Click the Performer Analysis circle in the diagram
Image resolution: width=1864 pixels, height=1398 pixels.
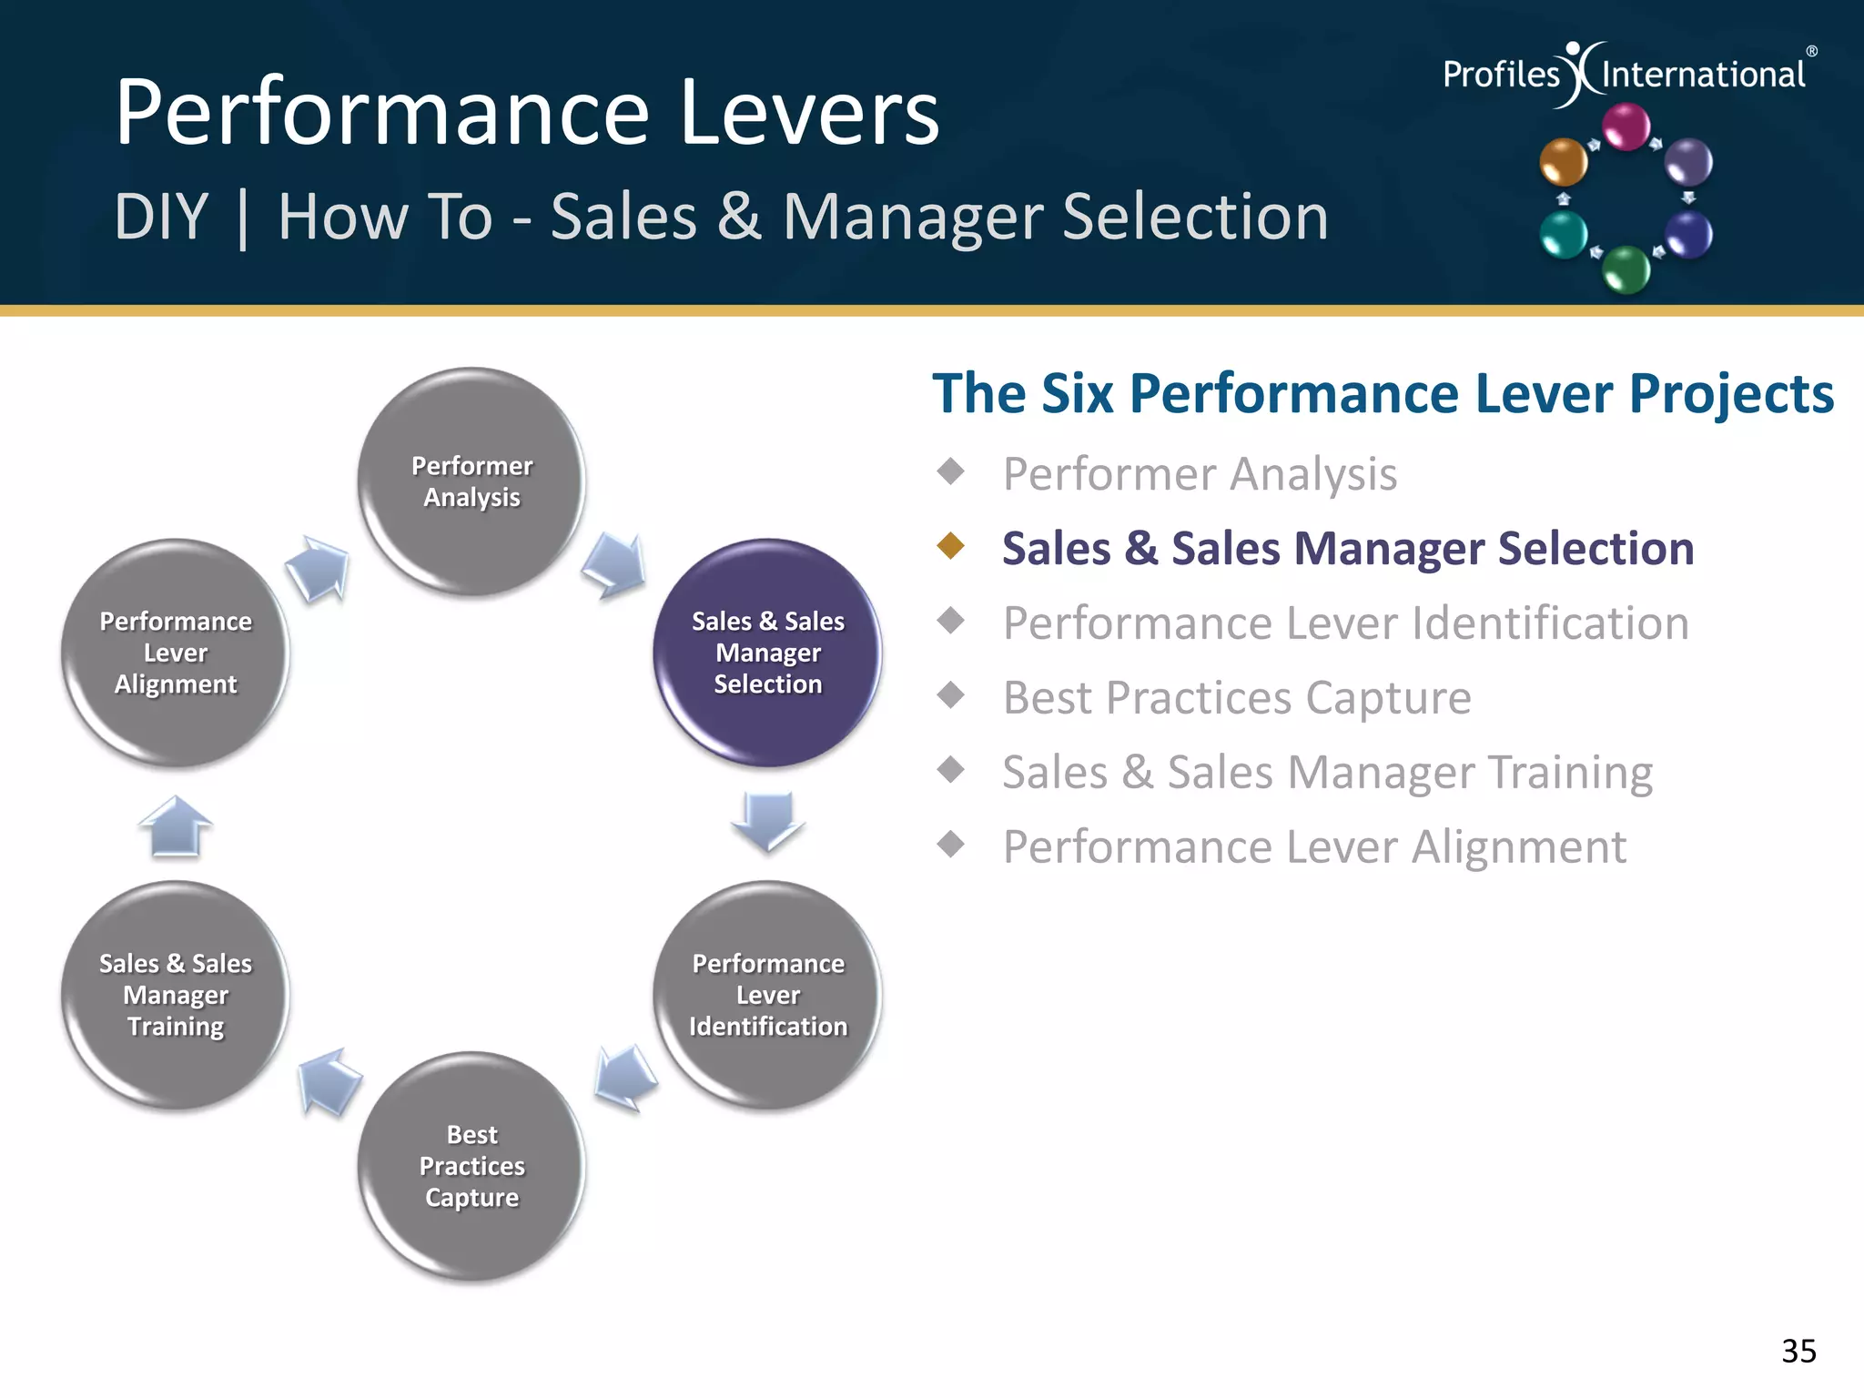[x=471, y=481]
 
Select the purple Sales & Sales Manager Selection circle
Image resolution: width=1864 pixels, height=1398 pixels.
[x=767, y=653]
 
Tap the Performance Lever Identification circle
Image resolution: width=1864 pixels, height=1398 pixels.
[x=767, y=995]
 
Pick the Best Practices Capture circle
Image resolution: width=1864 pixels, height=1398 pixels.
[x=471, y=1166]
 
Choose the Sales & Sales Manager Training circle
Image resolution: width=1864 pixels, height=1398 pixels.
[x=176, y=995]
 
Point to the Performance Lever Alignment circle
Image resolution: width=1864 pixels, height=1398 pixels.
[x=176, y=653]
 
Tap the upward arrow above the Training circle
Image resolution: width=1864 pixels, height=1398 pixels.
[x=176, y=826]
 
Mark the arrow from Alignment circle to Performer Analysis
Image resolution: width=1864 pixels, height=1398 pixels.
[x=318, y=568]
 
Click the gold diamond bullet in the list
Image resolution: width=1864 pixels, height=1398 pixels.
[x=951, y=546]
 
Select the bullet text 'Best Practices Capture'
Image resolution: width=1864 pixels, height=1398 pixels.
[x=1236, y=698]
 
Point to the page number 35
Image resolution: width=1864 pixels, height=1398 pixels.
[x=1798, y=1351]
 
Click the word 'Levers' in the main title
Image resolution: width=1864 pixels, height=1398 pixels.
[x=809, y=113]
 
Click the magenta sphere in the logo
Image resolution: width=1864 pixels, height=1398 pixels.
[x=1626, y=127]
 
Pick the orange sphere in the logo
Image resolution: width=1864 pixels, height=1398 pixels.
[x=1563, y=162]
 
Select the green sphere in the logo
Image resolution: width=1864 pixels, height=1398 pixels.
[x=1626, y=269]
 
